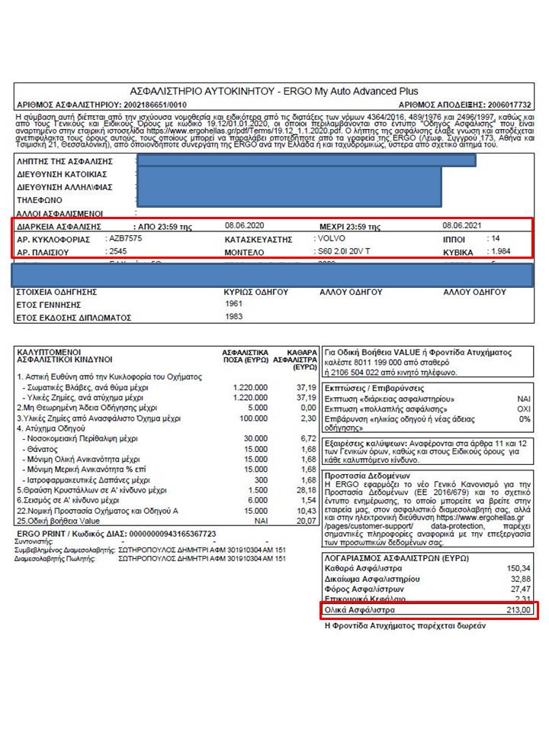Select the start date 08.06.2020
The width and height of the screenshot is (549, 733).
pos(244,226)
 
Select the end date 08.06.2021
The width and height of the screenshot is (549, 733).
pos(462,226)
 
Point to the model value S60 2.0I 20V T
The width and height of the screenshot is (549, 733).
pos(343,251)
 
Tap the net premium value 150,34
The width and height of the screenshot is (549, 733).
pos(518,568)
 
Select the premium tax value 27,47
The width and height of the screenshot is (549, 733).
pos(518,590)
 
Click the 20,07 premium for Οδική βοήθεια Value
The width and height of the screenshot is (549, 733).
pos(306,521)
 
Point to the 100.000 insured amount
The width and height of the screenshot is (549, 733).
pos(253,418)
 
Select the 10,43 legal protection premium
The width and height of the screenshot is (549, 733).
pos(306,510)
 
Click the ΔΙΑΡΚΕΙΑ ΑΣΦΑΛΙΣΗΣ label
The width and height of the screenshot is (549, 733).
pos(59,227)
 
